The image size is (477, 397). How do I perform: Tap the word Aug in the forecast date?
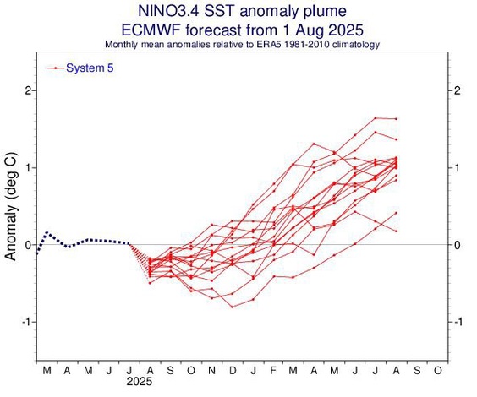pyautogui.click(x=309, y=30)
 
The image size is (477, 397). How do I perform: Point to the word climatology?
pyautogui.click(x=356, y=45)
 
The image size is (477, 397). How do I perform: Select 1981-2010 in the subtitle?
pyautogui.click(x=307, y=45)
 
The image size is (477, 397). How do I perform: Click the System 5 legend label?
pyautogui.click(x=90, y=68)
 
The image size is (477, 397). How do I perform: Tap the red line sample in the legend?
pyautogui.click(x=55, y=68)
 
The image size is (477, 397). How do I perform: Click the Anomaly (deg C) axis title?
pyautogui.click(x=11, y=206)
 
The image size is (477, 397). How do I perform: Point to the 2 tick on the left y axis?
pyautogui.click(x=28, y=90)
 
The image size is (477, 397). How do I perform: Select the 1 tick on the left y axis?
pyautogui.click(x=29, y=168)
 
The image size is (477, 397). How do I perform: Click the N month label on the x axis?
pyautogui.click(x=211, y=370)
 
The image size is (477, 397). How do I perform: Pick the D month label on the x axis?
pyautogui.click(x=233, y=370)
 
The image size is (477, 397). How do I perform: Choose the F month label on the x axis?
pyautogui.click(x=273, y=370)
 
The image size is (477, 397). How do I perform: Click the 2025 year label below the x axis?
pyautogui.click(x=139, y=382)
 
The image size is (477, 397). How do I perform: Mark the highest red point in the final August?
pyautogui.click(x=396, y=119)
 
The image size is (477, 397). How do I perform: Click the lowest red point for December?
pyautogui.click(x=233, y=307)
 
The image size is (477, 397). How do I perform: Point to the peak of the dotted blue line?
pyautogui.click(x=47, y=232)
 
